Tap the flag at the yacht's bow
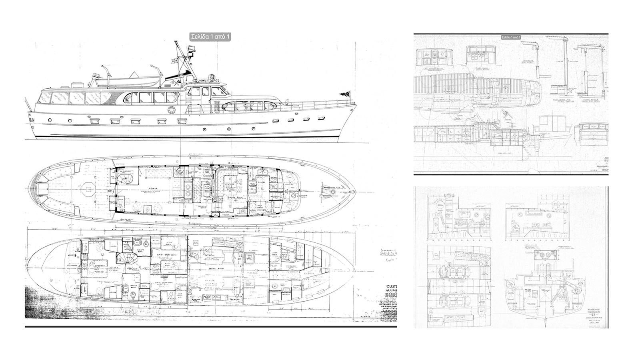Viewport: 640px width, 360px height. [344, 94]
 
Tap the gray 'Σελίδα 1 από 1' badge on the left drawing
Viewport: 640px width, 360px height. [210, 37]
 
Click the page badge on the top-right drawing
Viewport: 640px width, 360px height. [511, 38]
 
